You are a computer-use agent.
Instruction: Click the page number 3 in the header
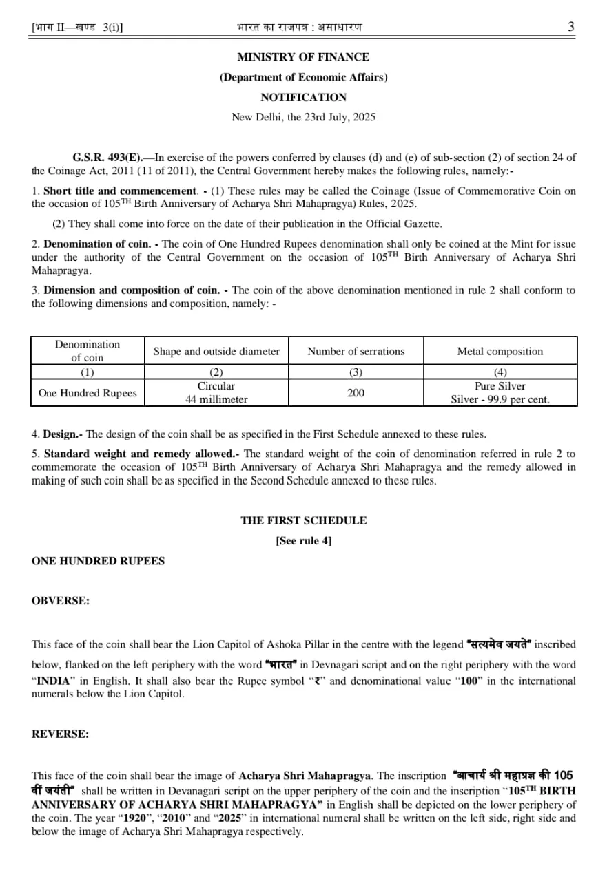coord(570,27)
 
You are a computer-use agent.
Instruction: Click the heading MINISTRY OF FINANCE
coord(303,56)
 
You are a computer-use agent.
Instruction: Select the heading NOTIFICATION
coord(303,97)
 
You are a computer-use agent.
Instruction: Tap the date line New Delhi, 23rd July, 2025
coord(303,117)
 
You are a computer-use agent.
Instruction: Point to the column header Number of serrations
coord(356,351)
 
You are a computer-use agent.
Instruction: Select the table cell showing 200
coord(356,393)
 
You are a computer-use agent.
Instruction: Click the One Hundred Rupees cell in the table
coord(88,393)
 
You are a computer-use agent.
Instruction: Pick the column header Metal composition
coord(500,351)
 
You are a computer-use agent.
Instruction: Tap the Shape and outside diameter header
coord(216,351)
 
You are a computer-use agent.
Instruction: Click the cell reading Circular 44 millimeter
coord(216,392)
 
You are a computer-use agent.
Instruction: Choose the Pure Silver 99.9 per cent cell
coord(500,392)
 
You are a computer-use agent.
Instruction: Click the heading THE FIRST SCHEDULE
coord(303,520)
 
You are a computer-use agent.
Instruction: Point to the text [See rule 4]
coord(303,541)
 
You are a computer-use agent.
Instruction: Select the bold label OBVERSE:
coord(61,601)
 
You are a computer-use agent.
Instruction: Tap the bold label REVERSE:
coord(60,734)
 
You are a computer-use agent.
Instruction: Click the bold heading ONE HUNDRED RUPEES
coord(98,561)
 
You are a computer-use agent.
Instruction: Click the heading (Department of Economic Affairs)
coord(303,77)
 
